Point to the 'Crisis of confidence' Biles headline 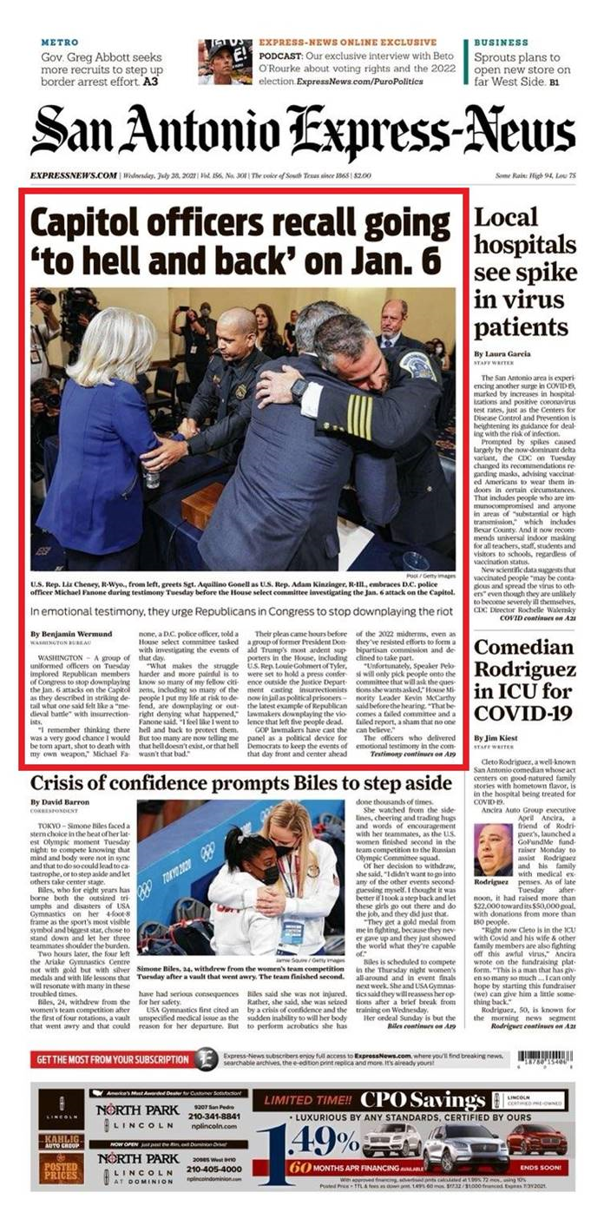(x=241, y=783)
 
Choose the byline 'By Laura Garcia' (x=502, y=354)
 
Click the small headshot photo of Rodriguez (x=492, y=849)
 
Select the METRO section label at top (x=60, y=43)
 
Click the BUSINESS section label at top (x=501, y=43)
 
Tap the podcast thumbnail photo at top (x=225, y=62)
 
